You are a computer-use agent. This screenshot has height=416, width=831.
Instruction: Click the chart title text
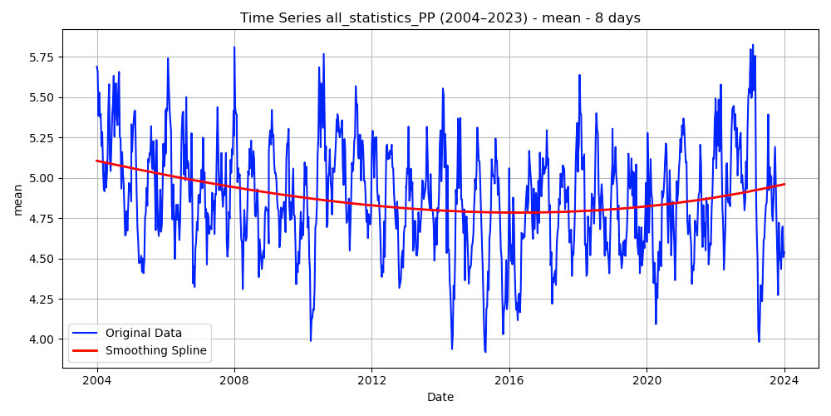coord(440,17)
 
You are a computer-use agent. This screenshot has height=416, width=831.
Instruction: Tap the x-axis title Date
coord(440,397)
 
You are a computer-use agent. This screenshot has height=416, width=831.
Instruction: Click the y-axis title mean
coord(18,199)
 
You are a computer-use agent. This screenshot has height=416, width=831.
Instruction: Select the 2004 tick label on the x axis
coord(96,380)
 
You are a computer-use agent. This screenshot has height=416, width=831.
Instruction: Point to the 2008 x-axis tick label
coord(234,380)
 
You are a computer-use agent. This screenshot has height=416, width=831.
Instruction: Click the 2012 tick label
coord(371,380)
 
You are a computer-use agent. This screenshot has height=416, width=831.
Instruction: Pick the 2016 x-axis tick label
coord(509,380)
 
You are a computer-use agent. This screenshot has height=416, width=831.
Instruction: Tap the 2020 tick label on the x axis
coord(647,380)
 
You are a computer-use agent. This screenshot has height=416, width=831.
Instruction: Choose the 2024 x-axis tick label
coord(784,380)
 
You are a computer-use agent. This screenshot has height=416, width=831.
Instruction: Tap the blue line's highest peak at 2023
coord(753,45)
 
